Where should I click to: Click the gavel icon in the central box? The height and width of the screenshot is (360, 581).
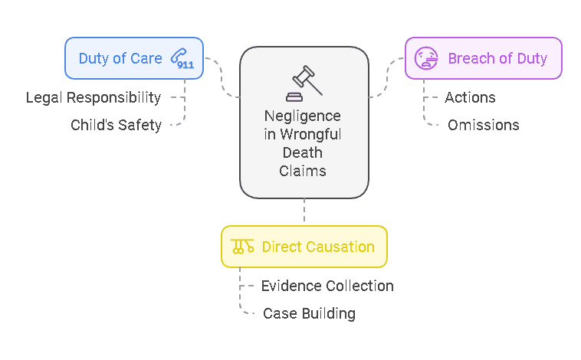click(304, 82)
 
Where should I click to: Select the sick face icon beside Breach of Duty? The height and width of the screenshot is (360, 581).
click(426, 58)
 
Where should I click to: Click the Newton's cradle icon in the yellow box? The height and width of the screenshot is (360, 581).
click(242, 247)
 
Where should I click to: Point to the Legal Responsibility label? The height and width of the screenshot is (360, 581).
click(94, 97)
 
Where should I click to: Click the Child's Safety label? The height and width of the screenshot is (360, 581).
click(116, 125)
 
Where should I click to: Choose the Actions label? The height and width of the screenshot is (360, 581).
click(470, 97)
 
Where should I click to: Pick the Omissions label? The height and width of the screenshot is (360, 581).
click(483, 125)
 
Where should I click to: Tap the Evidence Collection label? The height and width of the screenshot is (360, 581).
click(327, 286)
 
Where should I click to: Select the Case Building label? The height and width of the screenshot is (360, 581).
click(309, 313)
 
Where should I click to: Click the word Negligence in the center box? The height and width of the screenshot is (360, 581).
click(303, 116)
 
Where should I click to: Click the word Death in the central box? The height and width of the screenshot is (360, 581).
click(304, 152)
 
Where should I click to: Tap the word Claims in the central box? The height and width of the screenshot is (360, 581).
click(304, 171)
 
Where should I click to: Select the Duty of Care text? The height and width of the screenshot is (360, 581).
click(120, 58)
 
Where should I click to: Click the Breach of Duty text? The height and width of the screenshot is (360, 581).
click(497, 58)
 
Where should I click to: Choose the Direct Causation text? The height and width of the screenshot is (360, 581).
click(318, 247)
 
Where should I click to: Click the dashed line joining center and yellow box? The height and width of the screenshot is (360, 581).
click(304, 212)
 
